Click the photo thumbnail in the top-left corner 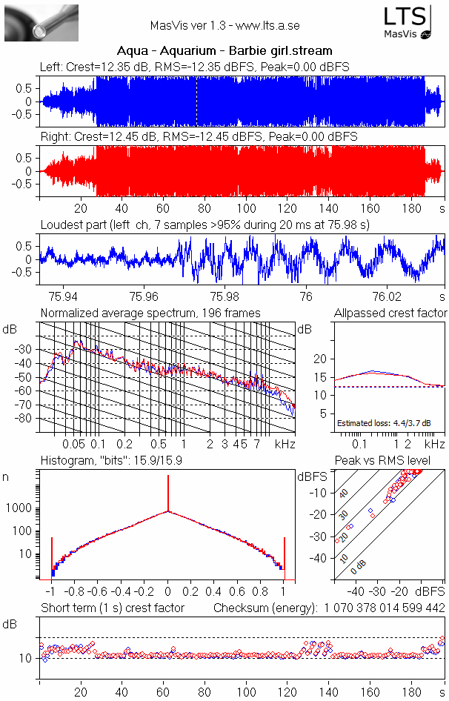41,22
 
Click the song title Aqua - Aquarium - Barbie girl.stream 224,51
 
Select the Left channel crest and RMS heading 195,67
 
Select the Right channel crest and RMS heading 199,137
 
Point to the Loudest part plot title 204,225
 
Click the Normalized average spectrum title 150,313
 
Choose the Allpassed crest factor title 390,313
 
